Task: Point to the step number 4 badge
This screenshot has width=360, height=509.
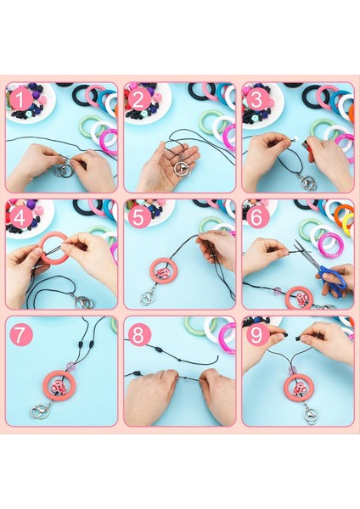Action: coord(19,216)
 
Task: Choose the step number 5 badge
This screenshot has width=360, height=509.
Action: coord(137,216)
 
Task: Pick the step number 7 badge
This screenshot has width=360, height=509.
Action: coord(21,334)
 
